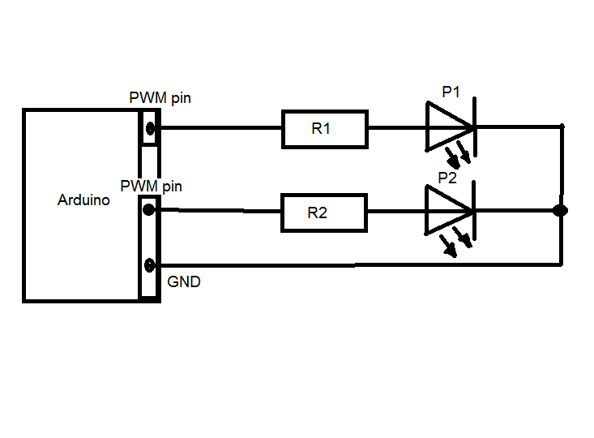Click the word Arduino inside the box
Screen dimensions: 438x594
coord(83,200)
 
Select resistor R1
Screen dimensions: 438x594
coord(324,129)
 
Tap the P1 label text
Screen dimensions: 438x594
coord(451,92)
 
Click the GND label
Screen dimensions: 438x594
coord(184,283)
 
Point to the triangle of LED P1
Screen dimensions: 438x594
coord(446,127)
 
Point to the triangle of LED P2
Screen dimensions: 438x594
coord(446,211)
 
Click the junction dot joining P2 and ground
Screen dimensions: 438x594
coord(560,211)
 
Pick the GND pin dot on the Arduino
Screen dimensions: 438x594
coord(149,265)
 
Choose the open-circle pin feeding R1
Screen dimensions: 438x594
coord(149,127)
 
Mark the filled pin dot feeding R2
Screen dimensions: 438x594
coord(149,210)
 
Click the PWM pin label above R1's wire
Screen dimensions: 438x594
coord(160,98)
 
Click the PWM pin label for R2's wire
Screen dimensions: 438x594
coord(151,186)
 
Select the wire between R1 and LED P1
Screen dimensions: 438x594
coord(396,128)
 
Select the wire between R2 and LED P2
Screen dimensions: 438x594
coord(396,212)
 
